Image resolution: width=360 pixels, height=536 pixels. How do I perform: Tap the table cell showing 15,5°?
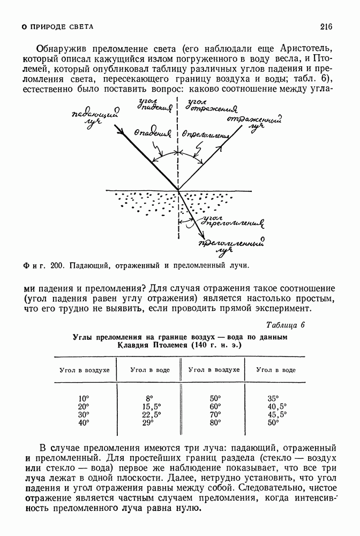point(151,407)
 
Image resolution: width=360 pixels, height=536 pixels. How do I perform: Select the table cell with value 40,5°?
point(277,407)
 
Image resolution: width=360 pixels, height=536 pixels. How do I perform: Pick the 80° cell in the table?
point(215,423)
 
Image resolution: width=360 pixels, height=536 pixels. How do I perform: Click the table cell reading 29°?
point(148,423)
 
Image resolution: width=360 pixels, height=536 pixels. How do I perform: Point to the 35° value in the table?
point(273,399)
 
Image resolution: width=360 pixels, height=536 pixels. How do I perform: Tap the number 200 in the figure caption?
point(56,265)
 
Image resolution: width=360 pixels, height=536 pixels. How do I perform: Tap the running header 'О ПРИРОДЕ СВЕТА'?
point(56,26)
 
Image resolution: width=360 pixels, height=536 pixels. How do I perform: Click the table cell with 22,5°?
point(151,415)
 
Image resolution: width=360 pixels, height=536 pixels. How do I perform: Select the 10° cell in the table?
point(84,399)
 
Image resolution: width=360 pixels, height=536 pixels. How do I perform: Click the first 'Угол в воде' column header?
point(149,370)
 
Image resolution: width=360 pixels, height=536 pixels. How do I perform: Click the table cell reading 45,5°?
point(277,415)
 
